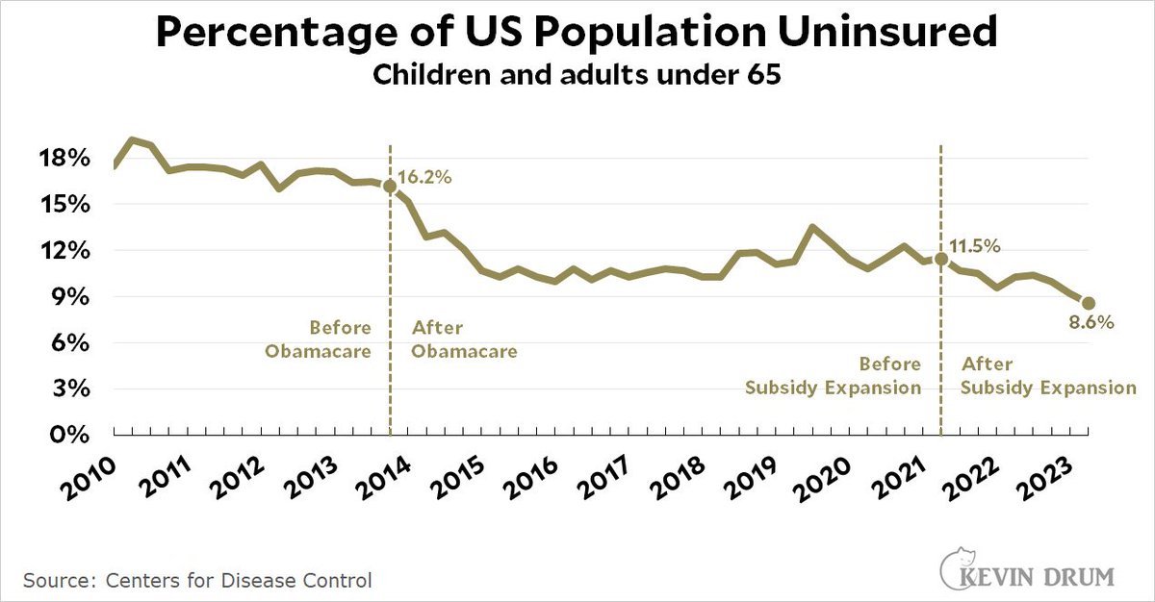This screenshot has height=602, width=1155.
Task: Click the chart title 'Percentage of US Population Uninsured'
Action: coord(577,36)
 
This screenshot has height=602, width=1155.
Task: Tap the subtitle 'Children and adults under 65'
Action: coord(577,78)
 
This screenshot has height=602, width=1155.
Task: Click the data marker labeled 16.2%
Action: coord(390,187)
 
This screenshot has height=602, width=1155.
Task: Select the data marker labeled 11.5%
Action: coord(940,259)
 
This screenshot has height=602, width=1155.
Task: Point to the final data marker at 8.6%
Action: coord(1088,303)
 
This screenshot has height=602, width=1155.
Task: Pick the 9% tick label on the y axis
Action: coord(74,297)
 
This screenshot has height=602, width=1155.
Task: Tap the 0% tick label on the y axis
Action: coord(74,435)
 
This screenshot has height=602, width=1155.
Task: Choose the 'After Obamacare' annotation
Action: coord(464,339)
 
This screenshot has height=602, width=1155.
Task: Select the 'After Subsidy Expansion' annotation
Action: coord(1049,376)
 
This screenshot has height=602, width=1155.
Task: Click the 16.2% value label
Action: coord(426,177)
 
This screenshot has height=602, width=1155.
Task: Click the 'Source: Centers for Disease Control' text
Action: coord(197,581)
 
